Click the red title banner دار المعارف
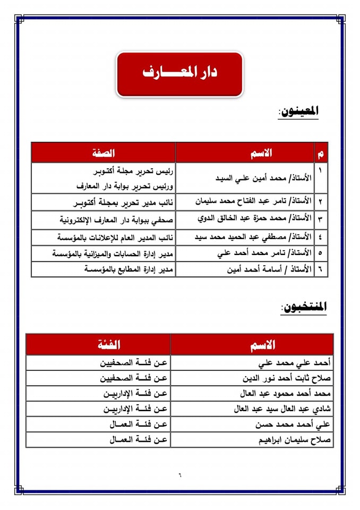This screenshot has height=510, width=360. pos(179,73)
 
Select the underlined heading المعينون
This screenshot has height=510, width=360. pos(298,112)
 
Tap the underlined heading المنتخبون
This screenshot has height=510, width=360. pos(303,307)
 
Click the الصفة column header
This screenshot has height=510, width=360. pos(104,153)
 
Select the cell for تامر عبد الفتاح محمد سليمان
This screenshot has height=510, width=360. pos(250,202)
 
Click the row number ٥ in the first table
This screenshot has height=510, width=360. pos(321,254)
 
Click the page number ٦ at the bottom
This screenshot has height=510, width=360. pos(179,474)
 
